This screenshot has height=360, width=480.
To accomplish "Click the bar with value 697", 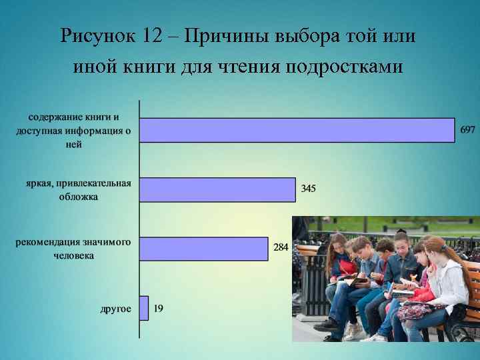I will (x=297, y=130).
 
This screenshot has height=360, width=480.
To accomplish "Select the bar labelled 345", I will (x=217, y=189).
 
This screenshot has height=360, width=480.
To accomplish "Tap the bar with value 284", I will (x=203, y=249).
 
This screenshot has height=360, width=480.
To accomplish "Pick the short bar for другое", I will (x=144, y=308).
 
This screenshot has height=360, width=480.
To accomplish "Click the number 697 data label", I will (x=467, y=129).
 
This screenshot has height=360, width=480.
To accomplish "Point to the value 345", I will (x=308, y=189).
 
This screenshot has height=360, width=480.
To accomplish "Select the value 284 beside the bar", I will (x=281, y=247).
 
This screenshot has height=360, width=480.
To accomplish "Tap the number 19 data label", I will (x=159, y=308).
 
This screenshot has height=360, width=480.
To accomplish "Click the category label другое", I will (x=115, y=309).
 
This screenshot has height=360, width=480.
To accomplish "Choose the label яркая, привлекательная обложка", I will (x=79, y=189).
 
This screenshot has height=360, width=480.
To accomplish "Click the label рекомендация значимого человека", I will (x=73, y=248).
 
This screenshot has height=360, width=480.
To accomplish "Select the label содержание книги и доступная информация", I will (x=73, y=131).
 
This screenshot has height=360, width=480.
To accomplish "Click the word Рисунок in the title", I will (x=97, y=36).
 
